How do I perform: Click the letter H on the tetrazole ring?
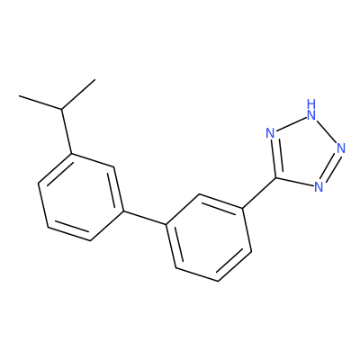(311, 103)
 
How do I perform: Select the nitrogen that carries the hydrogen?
(311, 114)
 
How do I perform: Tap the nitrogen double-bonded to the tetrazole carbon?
(271, 133)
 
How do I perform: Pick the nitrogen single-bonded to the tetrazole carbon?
(319, 186)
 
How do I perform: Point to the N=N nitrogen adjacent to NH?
(341, 148)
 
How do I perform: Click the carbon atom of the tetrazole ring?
(276, 178)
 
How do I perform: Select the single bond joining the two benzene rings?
(145, 218)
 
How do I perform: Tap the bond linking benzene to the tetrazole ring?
(259, 193)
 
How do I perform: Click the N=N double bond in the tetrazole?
(329, 167)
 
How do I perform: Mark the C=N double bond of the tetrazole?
(274, 157)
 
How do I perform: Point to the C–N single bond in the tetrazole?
(295, 182)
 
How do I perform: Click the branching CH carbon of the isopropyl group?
(62, 109)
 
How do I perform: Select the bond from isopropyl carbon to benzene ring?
(67, 131)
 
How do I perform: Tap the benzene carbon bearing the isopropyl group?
(71, 154)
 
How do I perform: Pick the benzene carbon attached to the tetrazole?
(242, 208)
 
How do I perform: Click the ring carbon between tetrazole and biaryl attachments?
(200, 194)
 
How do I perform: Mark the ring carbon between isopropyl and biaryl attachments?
(114, 167)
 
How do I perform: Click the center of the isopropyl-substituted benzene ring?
(81, 197)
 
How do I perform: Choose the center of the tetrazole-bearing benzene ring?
(209, 238)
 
